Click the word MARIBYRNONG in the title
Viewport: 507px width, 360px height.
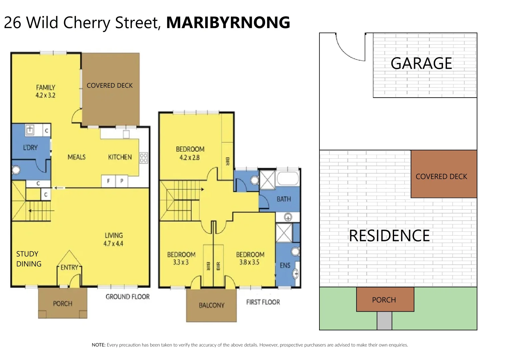(x=228, y=23)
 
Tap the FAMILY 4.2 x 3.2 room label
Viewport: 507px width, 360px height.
(x=46, y=91)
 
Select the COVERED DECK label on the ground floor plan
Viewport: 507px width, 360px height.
(x=110, y=86)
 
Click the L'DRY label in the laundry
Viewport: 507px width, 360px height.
(x=30, y=148)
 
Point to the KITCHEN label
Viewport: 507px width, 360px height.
(x=120, y=157)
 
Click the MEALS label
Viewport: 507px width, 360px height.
(x=77, y=157)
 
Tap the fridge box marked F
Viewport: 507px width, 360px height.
(x=108, y=181)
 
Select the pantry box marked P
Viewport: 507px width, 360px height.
(x=122, y=181)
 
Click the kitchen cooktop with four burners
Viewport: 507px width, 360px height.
(x=144, y=158)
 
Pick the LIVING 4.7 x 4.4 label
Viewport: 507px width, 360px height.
(x=114, y=239)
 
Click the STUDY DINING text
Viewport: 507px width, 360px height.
(x=29, y=259)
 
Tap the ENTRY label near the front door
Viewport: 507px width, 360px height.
(x=69, y=267)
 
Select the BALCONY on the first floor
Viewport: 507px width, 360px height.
(x=212, y=305)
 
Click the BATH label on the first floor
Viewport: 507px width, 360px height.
(x=284, y=199)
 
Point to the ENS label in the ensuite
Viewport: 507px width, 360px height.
(x=285, y=265)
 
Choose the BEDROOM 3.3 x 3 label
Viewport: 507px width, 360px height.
(x=181, y=258)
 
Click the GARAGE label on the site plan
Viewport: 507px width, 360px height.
(x=421, y=63)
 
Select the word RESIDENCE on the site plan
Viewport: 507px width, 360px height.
(x=389, y=236)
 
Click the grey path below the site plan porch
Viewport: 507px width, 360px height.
(x=384, y=321)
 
